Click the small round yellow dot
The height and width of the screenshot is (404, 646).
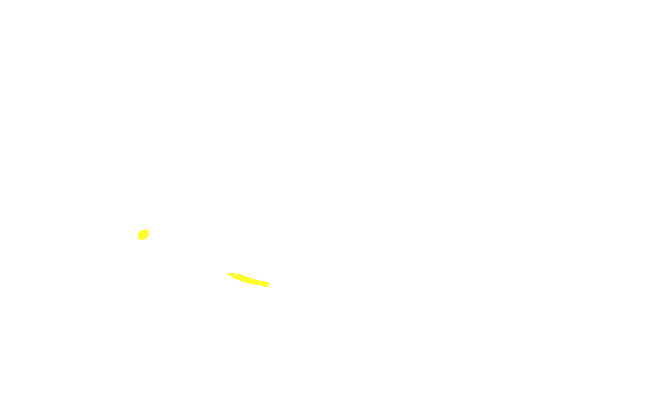pyautogui.click(x=143, y=234)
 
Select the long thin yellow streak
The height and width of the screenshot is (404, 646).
pyautogui.click(x=249, y=280)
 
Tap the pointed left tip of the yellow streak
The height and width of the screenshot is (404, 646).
pyautogui.click(x=229, y=274)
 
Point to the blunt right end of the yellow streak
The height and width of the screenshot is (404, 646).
pyautogui.click(x=266, y=284)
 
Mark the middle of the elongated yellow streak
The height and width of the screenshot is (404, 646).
pyautogui.click(x=249, y=280)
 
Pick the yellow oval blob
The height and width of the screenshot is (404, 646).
pyautogui.click(x=143, y=234)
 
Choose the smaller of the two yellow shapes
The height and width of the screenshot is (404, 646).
pyautogui.click(x=143, y=234)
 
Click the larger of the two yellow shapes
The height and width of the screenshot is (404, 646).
pyautogui.click(x=249, y=280)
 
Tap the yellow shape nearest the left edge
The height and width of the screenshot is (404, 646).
pyautogui.click(x=143, y=234)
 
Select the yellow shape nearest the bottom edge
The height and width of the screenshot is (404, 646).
pyautogui.click(x=249, y=280)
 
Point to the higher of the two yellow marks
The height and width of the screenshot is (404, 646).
pyautogui.click(x=143, y=234)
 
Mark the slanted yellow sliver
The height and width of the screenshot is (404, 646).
pyautogui.click(x=249, y=280)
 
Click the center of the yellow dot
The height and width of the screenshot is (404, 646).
pyautogui.click(x=143, y=234)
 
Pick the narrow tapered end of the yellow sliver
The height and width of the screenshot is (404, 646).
pyautogui.click(x=230, y=274)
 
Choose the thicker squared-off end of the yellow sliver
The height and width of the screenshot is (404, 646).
pyautogui.click(x=266, y=284)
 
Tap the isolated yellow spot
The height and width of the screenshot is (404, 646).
pyautogui.click(x=143, y=234)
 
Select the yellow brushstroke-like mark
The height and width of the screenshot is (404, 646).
pyautogui.click(x=249, y=280)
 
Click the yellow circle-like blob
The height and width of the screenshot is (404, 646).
pyautogui.click(x=143, y=234)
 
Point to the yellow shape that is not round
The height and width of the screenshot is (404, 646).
pyautogui.click(x=249, y=280)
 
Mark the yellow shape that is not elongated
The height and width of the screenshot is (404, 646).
pyautogui.click(x=143, y=234)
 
